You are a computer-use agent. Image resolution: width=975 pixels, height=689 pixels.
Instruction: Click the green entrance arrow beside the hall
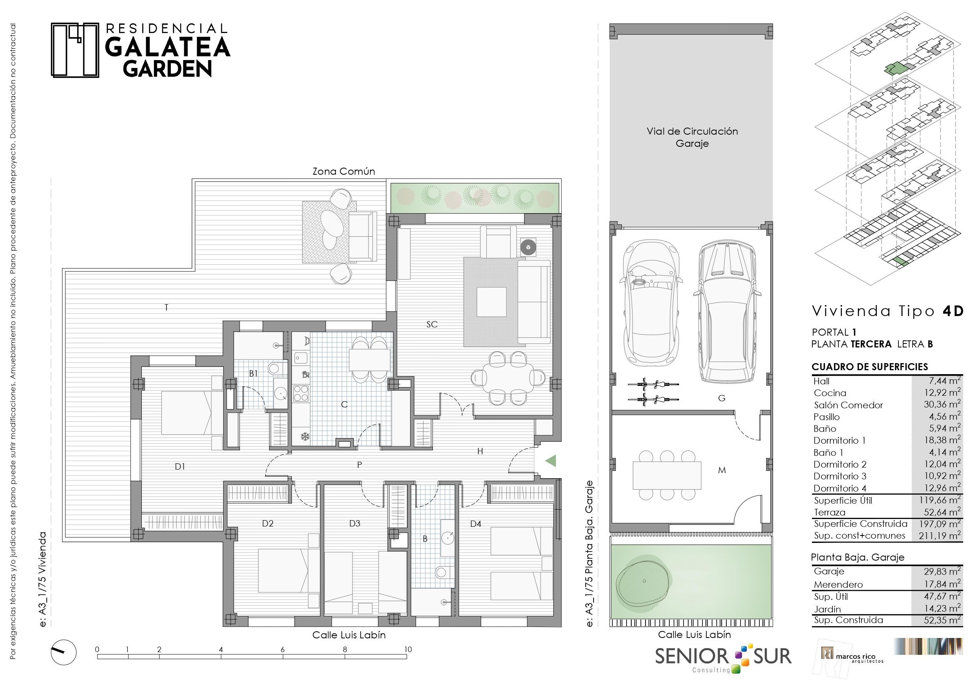551,461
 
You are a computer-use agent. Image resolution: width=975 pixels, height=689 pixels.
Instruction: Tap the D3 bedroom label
355,523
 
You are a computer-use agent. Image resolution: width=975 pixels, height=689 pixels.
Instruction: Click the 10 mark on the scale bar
408,649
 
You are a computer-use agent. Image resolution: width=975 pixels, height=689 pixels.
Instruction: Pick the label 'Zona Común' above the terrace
344,172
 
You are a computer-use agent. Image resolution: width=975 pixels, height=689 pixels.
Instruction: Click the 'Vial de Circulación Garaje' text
692,137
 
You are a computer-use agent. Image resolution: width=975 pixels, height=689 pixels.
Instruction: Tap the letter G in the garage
722,398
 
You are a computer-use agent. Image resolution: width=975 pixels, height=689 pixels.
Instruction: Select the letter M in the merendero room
722,470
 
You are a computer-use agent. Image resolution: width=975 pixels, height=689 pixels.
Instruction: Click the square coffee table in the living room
491,302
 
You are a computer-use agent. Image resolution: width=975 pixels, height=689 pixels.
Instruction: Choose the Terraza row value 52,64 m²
942,512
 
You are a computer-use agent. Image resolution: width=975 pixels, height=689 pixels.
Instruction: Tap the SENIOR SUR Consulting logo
723,658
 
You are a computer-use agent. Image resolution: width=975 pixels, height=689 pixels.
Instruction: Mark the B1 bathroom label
253,374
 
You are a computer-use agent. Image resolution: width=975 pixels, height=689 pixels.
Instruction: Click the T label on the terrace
167,307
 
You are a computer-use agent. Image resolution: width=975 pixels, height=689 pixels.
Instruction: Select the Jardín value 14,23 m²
942,609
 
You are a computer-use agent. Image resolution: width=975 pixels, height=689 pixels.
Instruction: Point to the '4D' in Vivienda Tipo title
953,311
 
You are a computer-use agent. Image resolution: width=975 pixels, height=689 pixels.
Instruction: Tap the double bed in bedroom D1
192,413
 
